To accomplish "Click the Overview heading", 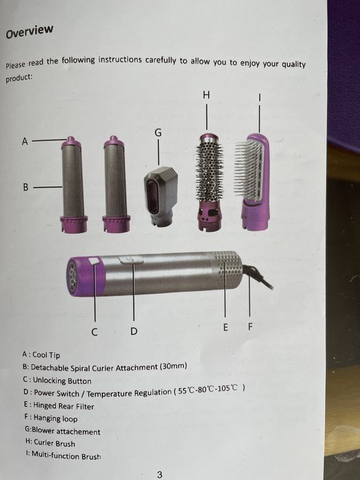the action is point(29,32).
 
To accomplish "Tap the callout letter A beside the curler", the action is point(25,141).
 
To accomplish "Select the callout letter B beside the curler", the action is point(26,187).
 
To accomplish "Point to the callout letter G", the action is point(158,132).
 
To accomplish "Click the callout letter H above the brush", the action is point(206,95).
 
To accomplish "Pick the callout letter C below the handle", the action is point(95,332).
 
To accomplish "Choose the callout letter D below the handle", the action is point(134,331).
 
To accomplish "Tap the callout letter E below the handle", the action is point(226,328).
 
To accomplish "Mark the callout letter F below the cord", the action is point(250,327).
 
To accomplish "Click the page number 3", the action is point(160,475).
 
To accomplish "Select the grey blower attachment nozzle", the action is point(160,195).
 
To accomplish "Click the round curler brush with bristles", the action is point(210,182).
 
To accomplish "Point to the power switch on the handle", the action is point(131,260).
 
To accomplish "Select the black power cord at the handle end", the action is point(257,276).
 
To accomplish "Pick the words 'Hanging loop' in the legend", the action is point(56,418).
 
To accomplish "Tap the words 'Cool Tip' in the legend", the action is point(46,355).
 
